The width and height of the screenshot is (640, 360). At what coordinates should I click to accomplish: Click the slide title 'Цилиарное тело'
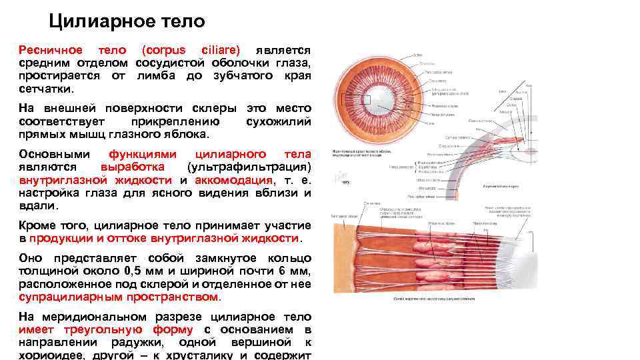point(127,21)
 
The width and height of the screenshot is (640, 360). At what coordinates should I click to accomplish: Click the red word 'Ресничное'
point(51,51)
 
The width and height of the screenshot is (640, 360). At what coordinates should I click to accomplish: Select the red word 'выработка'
point(132,167)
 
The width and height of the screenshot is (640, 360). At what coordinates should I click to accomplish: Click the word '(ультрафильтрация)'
point(249,167)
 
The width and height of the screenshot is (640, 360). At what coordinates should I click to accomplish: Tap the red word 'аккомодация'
point(234,180)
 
